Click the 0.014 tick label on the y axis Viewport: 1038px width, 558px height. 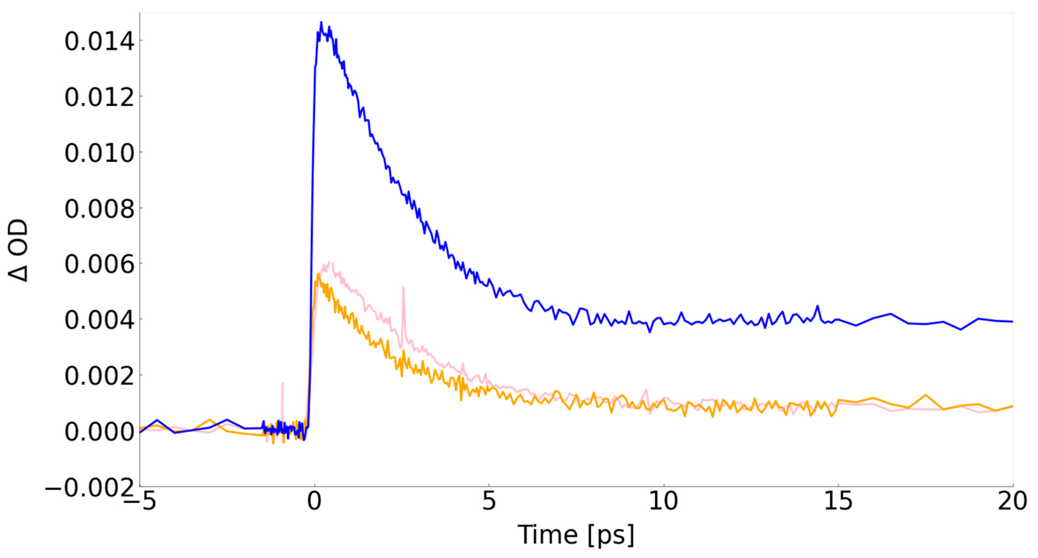[x=99, y=41]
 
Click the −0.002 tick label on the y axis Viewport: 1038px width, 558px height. [x=89, y=488]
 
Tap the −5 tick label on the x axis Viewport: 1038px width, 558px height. [x=140, y=502]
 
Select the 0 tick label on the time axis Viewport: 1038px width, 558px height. [x=314, y=502]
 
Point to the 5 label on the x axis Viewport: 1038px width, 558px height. [x=489, y=502]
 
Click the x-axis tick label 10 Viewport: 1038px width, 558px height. [x=663, y=502]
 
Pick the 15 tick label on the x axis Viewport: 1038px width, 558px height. [x=838, y=502]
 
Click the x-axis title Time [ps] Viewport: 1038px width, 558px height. [x=576, y=535]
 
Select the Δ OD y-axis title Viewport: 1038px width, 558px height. [x=18, y=250]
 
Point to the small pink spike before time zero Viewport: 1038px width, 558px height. [x=282, y=384]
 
